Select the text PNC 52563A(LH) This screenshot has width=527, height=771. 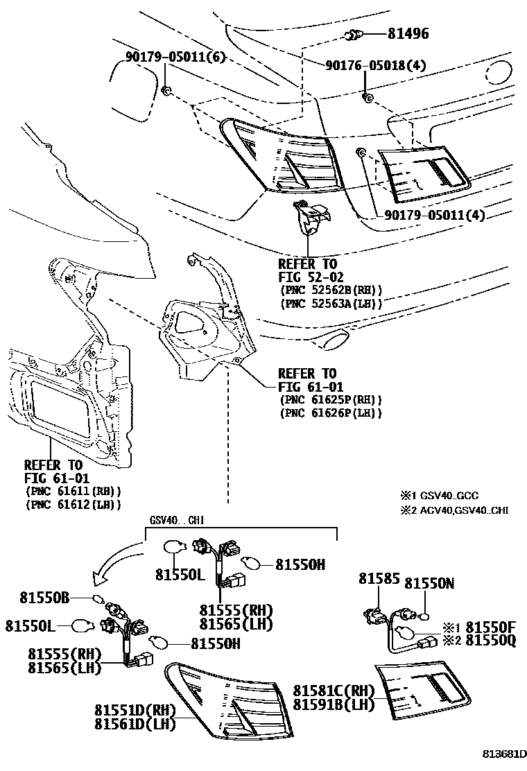331,303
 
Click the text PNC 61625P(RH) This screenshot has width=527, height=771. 331,400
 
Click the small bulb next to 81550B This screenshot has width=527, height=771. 98,599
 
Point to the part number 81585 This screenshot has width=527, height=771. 375,578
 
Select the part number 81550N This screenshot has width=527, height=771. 429,584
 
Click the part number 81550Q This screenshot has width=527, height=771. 490,641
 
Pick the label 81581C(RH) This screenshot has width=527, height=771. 333,691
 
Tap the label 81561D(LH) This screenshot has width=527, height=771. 136,724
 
